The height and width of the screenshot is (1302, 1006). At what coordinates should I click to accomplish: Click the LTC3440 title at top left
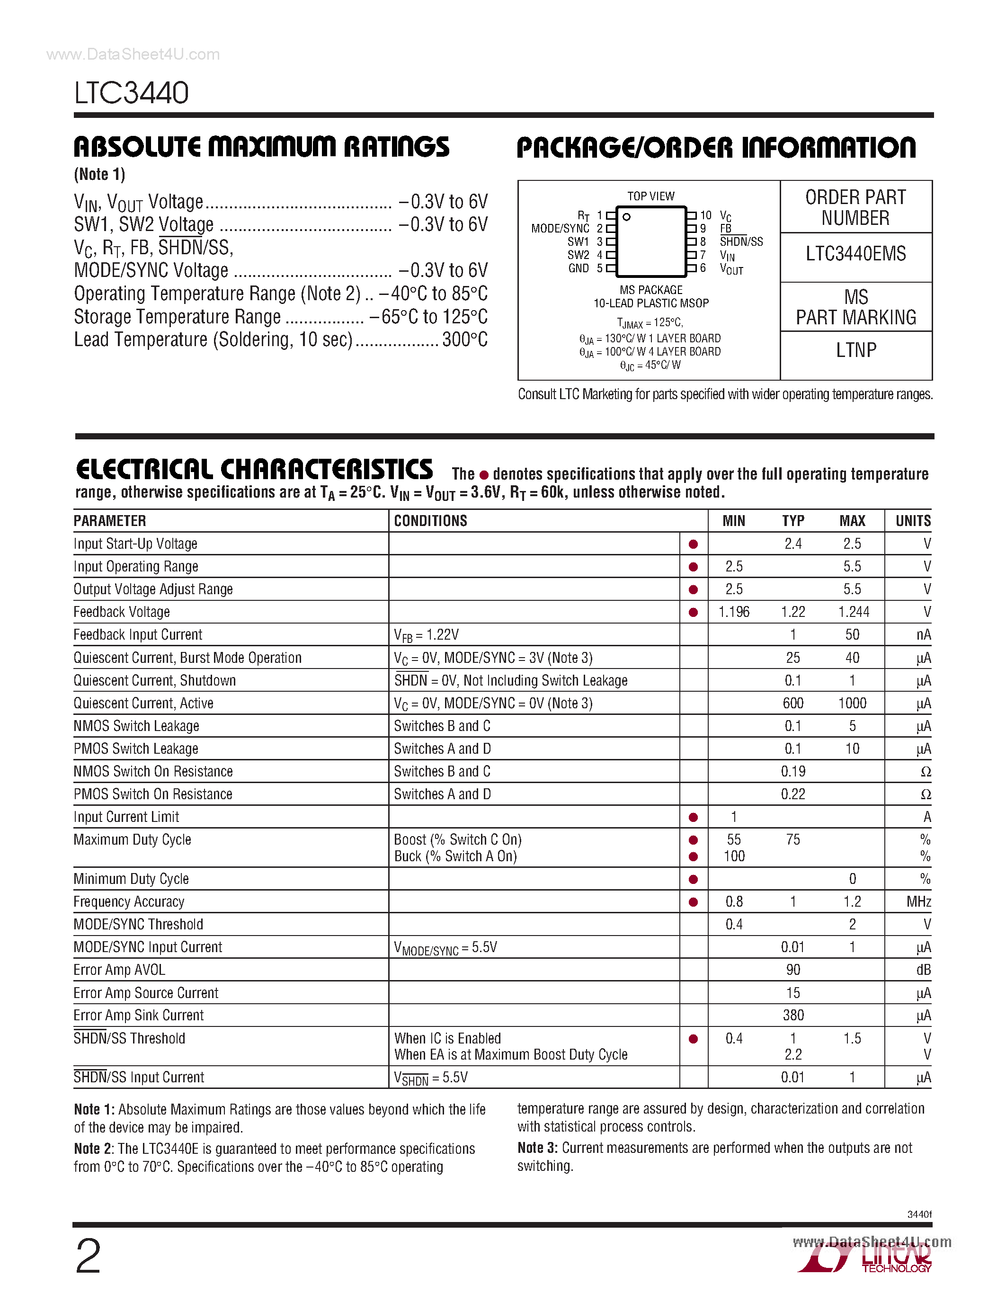[x=131, y=93]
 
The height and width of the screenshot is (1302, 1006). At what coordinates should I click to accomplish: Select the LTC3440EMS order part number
[x=855, y=254]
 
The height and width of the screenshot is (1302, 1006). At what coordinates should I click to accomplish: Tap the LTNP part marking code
[x=856, y=350]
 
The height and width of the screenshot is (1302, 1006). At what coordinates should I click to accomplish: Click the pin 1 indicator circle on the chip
[x=626, y=217]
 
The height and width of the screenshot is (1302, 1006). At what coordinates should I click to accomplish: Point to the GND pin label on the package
[x=578, y=268]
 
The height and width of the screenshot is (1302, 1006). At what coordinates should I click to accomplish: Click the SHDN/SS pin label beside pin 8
[x=741, y=241]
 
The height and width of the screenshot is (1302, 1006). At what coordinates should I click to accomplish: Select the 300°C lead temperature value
[x=464, y=339]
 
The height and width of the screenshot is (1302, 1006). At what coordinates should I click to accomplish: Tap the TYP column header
[x=792, y=521]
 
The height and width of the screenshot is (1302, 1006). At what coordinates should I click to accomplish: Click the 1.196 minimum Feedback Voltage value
[x=734, y=612]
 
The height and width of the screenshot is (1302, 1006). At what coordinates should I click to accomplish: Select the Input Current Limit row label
[x=126, y=817]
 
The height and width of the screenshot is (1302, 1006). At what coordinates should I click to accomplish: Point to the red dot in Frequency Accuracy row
[x=693, y=902]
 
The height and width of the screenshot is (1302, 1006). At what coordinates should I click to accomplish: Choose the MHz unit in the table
[x=918, y=901]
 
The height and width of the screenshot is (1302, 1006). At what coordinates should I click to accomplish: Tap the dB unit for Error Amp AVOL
[x=923, y=970]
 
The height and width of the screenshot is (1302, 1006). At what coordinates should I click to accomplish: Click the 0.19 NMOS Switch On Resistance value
[x=792, y=771]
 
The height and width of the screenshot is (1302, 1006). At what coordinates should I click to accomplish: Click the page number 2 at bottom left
[x=88, y=1257]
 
